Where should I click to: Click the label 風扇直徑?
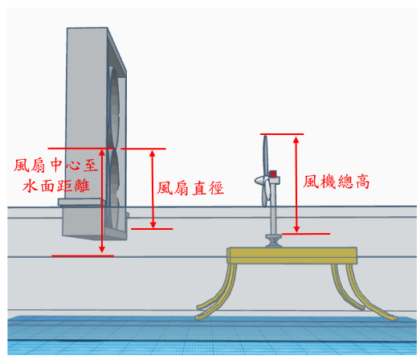[190, 188]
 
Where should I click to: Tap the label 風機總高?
[336, 182]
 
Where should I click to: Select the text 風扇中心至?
[56, 165]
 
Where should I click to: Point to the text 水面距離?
[56, 186]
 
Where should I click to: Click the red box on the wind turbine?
[273, 174]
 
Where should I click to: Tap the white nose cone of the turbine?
[259, 181]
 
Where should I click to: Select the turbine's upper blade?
[265, 155]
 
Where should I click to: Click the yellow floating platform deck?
[292, 256]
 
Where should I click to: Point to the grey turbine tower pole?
[274, 209]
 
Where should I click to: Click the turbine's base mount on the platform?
[273, 240]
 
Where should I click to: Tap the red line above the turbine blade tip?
[282, 133]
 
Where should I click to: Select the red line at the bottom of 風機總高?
[306, 234]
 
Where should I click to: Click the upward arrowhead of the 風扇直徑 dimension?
[153, 153]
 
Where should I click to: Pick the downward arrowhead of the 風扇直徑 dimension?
[153, 225]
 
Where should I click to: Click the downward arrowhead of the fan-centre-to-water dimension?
[102, 249]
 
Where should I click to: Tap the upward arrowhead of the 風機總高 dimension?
[296, 140]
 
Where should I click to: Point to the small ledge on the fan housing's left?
[80, 202]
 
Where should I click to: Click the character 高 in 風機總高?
[363, 182]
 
